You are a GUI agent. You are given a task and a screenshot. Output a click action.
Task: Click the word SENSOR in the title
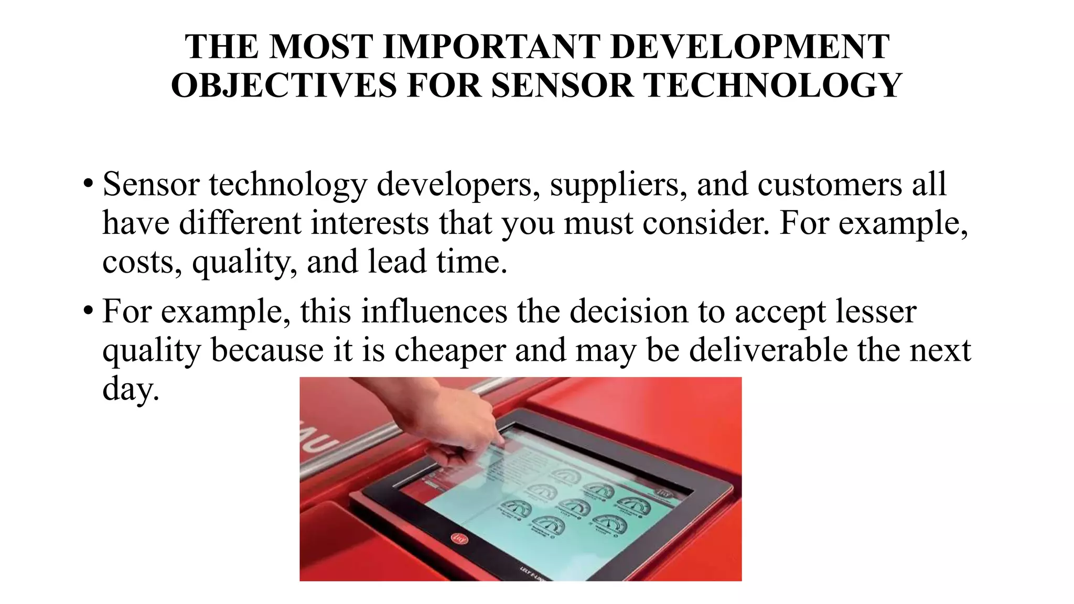point(562,85)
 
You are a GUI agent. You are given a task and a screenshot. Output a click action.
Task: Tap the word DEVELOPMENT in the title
point(750,47)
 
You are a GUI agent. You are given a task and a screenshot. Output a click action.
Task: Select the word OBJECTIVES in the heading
point(284,85)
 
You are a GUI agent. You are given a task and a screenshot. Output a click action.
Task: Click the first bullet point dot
point(88,184)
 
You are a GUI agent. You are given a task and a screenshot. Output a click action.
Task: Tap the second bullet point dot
point(88,311)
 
